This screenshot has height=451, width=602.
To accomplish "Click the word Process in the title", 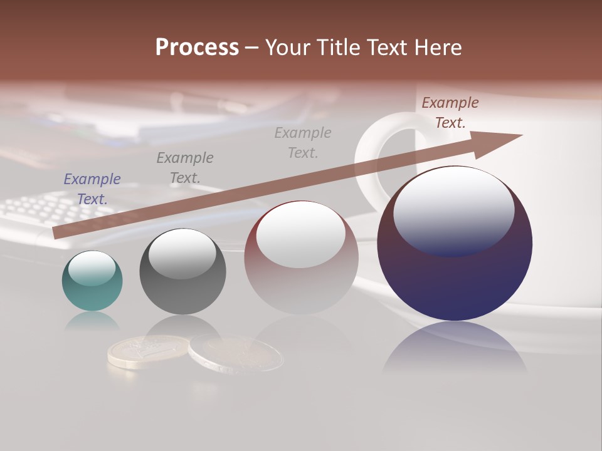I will click(197, 48).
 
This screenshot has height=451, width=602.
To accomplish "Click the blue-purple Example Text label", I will click(92, 189).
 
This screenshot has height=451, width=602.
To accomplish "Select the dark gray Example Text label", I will click(185, 168).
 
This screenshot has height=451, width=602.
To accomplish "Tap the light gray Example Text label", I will click(303, 143).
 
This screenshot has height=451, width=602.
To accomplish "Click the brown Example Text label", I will click(450, 113).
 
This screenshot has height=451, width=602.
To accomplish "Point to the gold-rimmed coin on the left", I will click(148, 351).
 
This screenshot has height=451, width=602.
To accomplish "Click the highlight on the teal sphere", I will click(92, 268).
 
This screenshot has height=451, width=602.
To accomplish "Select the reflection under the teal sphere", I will click(92, 321).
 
